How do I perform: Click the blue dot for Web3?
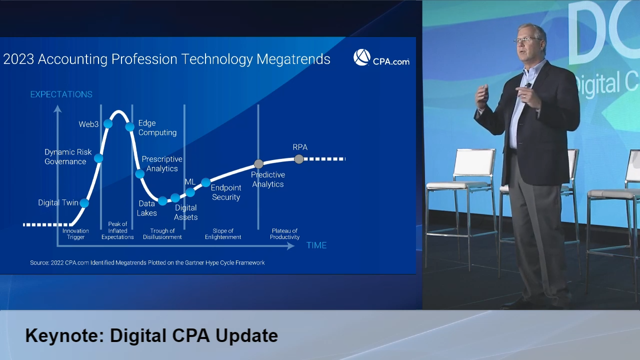pos(108,123)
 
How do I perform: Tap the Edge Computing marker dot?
pos(129,126)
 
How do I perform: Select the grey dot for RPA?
pos(299,159)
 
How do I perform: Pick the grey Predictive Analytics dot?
pos(258,164)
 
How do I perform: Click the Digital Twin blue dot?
pos(84,203)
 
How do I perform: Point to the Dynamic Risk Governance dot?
pos(98,158)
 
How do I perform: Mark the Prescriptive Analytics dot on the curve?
pos(139,173)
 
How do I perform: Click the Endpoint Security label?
pos(226,192)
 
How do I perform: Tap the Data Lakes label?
pos(147,208)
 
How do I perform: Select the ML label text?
pos(190,181)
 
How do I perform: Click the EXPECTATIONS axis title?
pos(61,94)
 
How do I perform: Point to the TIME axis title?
pos(316,245)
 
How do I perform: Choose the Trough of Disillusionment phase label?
pos(162,233)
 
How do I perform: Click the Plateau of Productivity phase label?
pos(285,233)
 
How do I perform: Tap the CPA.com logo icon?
pos(361,57)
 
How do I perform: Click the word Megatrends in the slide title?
pos(293,59)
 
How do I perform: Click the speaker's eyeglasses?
pos(526,39)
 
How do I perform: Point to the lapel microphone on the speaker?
pos(528,85)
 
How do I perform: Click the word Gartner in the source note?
pos(195,262)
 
